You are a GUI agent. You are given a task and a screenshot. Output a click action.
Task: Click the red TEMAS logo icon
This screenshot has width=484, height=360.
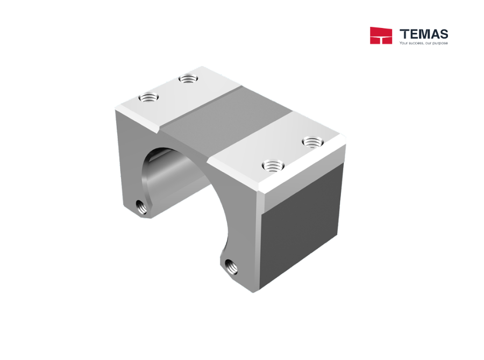click(381, 35)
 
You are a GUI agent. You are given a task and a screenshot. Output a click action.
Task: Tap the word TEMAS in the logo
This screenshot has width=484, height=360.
click(424, 33)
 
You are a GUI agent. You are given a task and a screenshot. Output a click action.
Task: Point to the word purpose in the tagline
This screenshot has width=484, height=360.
click(440, 43)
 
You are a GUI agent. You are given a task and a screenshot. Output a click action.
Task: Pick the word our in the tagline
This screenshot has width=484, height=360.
click(429, 43)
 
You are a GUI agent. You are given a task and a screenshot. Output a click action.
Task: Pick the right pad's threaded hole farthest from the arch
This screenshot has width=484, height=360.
click(311, 142)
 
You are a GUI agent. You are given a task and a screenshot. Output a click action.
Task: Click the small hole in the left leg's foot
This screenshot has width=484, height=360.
click(140, 206)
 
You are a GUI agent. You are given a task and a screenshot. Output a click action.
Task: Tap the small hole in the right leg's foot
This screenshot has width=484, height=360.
click(231, 264)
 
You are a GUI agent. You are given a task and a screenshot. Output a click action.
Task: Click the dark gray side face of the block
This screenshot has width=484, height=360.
click(301, 226)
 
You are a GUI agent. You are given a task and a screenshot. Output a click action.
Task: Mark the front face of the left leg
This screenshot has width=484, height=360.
click(129, 156)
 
